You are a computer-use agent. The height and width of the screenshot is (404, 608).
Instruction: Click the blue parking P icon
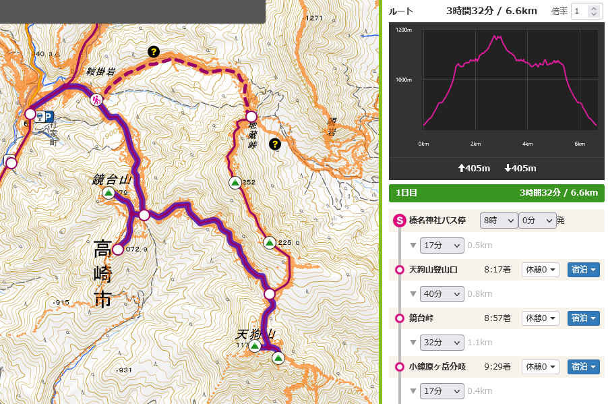tap(49, 116)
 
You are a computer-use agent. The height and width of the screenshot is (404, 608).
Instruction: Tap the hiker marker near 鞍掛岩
tap(96, 100)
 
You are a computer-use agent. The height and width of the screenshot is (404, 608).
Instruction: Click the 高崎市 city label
tap(103, 275)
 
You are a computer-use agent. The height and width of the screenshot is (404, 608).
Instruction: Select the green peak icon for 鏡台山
tap(108, 193)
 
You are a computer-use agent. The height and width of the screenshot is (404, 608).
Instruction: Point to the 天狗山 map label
tap(255, 335)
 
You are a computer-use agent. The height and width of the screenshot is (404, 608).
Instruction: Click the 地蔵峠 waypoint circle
tap(251, 116)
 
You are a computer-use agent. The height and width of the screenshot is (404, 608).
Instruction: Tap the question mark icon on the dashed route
tap(154, 51)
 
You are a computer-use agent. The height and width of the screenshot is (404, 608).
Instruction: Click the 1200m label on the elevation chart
tap(404, 30)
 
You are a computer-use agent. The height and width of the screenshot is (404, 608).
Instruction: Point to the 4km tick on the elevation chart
tap(527, 144)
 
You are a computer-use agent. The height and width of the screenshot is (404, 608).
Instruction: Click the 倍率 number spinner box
tap(586, 11)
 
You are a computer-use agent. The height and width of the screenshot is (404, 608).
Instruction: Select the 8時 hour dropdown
tap(499, 221)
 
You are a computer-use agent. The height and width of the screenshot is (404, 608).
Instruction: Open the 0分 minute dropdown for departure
tap(537, 221)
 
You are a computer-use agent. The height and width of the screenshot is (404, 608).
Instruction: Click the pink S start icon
tap(398, 221)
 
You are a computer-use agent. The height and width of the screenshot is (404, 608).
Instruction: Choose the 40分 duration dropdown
tap(442, 294)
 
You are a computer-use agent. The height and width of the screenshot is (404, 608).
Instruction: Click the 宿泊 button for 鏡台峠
tap(583, 318)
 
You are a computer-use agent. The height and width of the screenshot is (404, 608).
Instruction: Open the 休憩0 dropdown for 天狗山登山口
tap(541, 270)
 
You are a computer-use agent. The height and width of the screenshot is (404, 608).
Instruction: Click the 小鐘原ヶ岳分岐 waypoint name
tap(437, 367)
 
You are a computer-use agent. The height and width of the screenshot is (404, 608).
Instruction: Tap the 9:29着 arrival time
tap(497, 367)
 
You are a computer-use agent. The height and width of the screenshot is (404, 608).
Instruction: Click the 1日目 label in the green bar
tap(406, 193)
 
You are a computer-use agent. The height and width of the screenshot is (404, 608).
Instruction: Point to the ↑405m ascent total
tap(475, 168)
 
